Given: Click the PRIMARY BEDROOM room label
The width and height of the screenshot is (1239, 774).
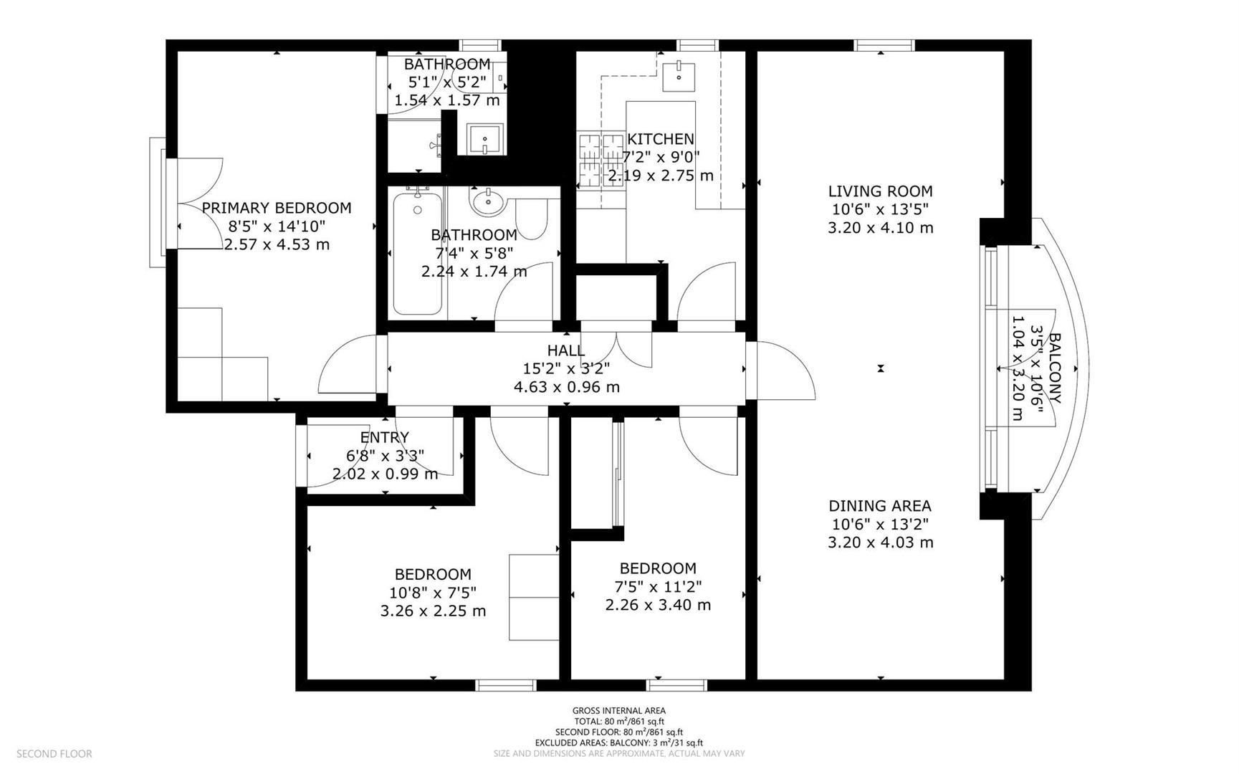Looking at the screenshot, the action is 277,208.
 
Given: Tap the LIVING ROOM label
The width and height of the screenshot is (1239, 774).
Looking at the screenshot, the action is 881,191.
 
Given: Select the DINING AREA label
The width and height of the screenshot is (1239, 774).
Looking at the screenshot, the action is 881,506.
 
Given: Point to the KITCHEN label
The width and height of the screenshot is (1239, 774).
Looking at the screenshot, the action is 661,139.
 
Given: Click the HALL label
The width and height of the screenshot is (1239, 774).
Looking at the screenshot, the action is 566,350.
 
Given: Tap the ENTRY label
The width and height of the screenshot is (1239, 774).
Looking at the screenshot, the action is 385,437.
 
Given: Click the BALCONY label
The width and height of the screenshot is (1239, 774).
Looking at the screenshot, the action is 1056,368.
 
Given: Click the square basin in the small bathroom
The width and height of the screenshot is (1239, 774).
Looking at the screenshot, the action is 486,139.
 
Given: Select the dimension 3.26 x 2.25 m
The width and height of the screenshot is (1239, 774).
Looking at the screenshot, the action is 434,611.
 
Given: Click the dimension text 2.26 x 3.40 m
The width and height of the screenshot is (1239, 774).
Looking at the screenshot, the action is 659,605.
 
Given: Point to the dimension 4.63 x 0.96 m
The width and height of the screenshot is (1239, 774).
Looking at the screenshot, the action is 567,387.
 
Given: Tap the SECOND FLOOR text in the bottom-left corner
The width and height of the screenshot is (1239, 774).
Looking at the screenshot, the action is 54,754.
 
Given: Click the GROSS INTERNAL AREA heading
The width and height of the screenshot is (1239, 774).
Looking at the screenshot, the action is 619,711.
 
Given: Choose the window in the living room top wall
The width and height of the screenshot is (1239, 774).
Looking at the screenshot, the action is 884,45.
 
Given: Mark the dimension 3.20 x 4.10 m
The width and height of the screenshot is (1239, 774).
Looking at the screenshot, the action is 881,228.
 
